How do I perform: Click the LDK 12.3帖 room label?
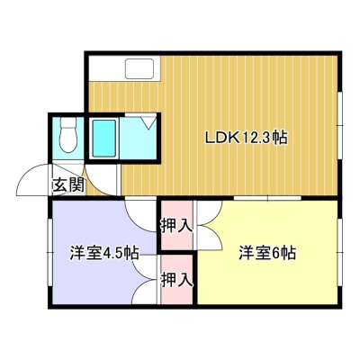[247, 139]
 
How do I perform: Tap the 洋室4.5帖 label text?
[104, 253]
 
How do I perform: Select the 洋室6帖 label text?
[267, 253]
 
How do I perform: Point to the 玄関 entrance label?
[68, 184]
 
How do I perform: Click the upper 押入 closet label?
[176, 225]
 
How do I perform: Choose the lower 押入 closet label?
[176, 280]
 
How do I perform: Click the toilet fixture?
[68, 135]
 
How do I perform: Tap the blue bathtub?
[104, 139]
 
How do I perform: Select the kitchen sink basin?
[139, 68]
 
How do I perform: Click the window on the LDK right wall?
[339, 125]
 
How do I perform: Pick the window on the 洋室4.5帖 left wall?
[50, 252]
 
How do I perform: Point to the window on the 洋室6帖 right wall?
[339, 252]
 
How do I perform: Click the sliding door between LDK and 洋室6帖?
[267, 198]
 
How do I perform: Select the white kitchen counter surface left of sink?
[106, 68]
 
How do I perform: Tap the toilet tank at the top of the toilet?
[68, 122]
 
